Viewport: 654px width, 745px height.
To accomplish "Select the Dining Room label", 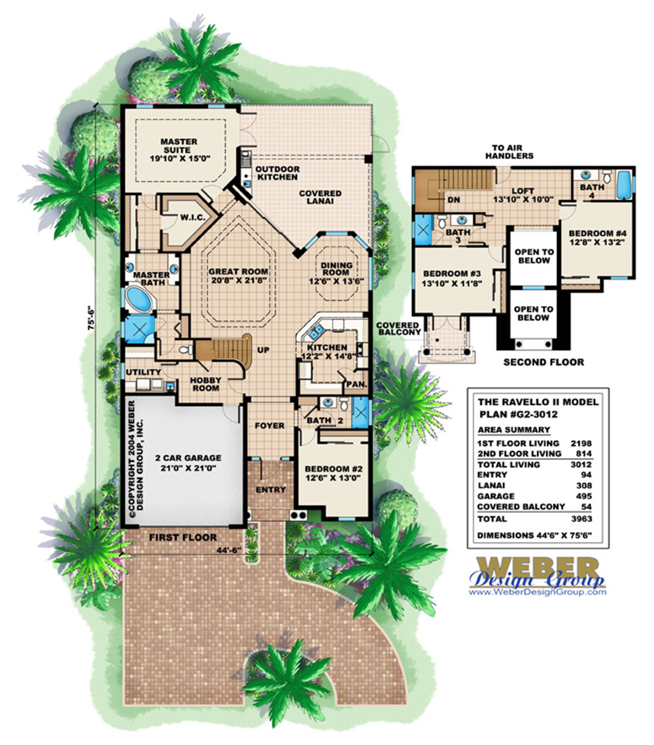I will click(x=336, y=269).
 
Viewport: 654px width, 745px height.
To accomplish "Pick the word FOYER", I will click(x=269, y=426).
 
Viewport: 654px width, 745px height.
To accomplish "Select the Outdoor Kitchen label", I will click(x=277, y=173).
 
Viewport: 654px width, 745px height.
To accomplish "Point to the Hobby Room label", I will click(x=205, y=384).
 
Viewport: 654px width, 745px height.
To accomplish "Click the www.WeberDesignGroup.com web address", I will click(x=537, y=592).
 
